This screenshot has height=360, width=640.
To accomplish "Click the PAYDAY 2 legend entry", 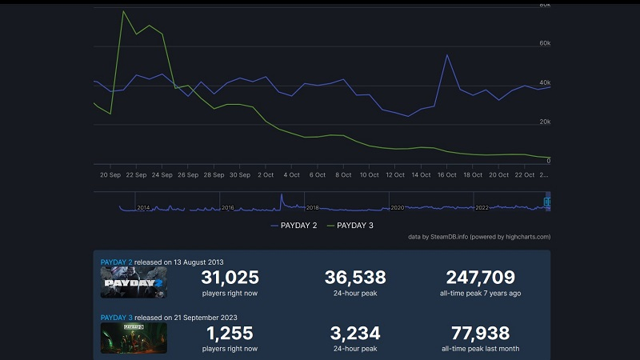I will pos(294,226).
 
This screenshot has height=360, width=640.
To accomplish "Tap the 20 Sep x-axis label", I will pos(110,174).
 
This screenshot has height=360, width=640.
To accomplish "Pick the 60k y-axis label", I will pos(544,43).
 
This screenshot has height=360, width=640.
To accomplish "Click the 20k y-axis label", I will pos(544,122).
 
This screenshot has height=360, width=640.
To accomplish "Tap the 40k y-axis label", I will pos(544,82).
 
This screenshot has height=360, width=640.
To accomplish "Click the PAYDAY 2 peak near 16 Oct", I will pos(446,55).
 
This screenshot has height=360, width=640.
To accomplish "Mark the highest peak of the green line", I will pos(124,12).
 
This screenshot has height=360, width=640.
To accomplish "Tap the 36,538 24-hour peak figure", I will pos(355,278).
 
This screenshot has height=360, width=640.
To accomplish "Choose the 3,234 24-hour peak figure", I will pos(355,334).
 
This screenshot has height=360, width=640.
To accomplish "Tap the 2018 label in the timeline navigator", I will pos(312,208).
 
